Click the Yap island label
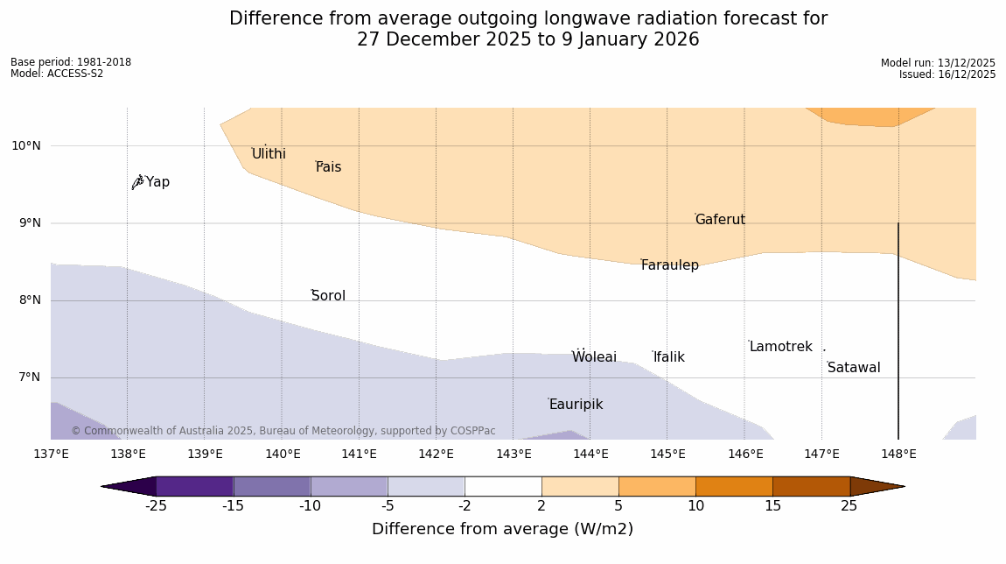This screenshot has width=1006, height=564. (x=157, y=182)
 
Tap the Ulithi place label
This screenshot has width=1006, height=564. (x=269, y=154)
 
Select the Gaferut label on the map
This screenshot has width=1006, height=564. (x=720, y=220)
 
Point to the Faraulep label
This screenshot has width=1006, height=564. (x=670, y=265)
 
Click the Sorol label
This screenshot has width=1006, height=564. (x=328, y=296)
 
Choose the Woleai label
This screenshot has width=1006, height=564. (x=594, y=357)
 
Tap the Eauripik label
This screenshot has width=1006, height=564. (x=576, y=405)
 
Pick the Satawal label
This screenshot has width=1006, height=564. (x=854, y=368)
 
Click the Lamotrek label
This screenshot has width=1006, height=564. (x=780, y=347)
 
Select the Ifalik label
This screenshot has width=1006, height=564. (x=669, y=357)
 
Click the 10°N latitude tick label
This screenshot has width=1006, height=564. (x=25, y=146)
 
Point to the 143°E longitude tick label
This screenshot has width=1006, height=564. (x=513, y=455)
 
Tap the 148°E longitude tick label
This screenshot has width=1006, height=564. (x=898, y=455)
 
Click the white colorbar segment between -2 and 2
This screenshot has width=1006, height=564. (x=503, y=486)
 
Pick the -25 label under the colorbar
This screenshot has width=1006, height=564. (x=156, y=506)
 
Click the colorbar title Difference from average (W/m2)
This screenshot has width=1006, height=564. (x=502, y=529)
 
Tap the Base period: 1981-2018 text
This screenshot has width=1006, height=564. (x=71, y=62)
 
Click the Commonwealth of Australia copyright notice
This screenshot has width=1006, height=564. (x=283, y=431)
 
